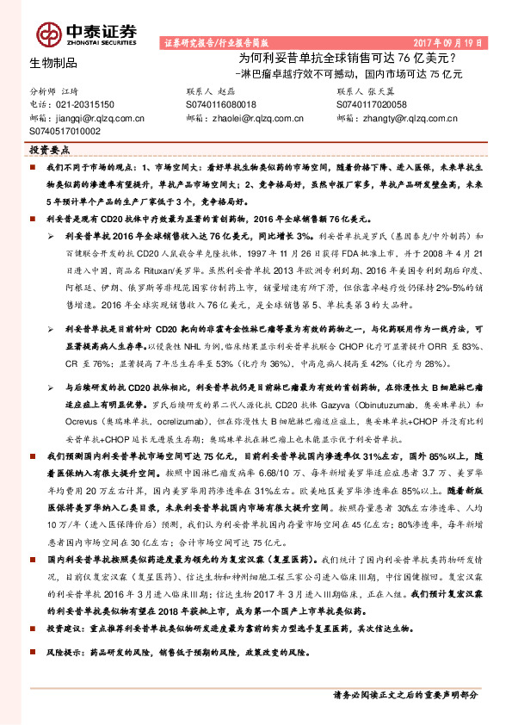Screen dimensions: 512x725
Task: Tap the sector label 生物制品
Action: click(x=53, y=63)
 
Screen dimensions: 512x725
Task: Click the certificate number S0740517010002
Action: click(x=65, y=131)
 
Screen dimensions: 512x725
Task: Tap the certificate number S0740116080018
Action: click(x=221, y=104)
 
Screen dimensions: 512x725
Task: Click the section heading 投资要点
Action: click(x=51, y=149)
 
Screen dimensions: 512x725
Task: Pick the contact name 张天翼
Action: click(x=385, y=90)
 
